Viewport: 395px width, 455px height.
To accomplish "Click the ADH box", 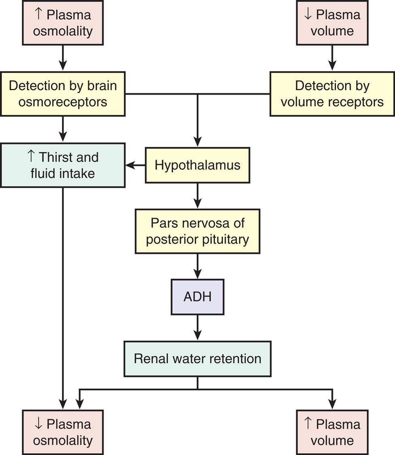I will point(197,296).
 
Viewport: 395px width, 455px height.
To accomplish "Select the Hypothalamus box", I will point(197,165).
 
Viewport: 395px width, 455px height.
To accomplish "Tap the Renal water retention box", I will point(197,359).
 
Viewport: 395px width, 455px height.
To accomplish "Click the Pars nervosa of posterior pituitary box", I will point(197,231).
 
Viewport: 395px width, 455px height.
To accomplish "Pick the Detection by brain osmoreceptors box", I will point(63,94).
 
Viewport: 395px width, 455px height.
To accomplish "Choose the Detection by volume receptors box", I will point(332,94).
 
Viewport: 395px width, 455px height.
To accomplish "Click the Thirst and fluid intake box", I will point(63,165).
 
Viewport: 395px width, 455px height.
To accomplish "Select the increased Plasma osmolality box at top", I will point(63,23).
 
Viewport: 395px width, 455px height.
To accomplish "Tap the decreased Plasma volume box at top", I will point(332,23).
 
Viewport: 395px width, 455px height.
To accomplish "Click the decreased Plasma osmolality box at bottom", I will point(63,432).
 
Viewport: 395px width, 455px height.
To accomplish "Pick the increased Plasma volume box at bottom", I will point(332,432).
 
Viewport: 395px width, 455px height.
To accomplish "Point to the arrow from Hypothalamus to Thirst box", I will point(135,165).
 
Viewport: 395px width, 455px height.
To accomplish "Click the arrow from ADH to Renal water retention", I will point(197,328).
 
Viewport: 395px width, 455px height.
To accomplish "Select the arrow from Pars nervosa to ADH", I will point(197,266).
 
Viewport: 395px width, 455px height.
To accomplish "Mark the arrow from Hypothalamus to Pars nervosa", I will point(197,196).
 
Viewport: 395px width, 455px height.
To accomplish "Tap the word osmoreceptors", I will point(63,102).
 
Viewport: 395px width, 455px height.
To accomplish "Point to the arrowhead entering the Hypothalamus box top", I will point(197,142).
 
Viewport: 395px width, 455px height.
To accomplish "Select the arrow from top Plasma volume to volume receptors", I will point(332,58).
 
